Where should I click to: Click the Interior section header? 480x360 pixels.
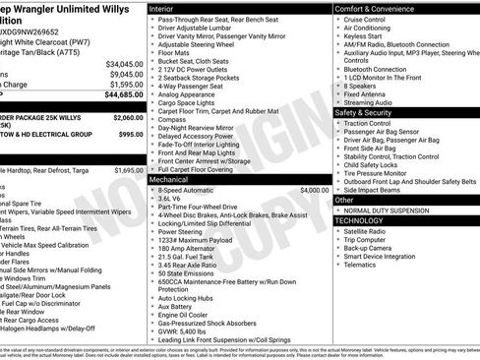tap(163, 8)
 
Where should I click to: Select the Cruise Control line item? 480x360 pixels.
tap(365, 20)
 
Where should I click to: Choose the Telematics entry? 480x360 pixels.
tap(363, 265)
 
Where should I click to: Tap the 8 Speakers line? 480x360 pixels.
tap(361, 86)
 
